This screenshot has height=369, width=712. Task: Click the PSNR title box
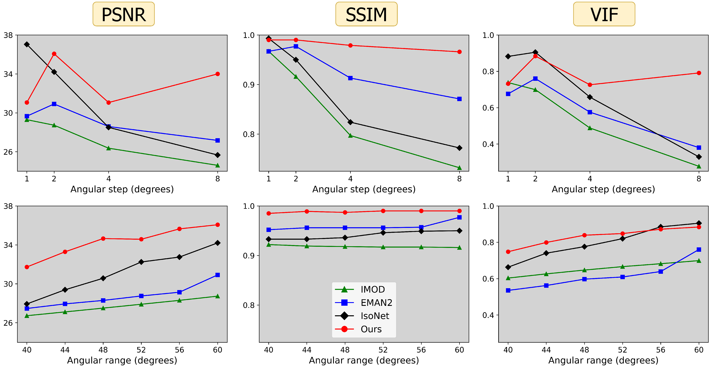(124, 14)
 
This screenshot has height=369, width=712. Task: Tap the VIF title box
(604, 14)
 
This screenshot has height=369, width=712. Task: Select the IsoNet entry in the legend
(362, 316)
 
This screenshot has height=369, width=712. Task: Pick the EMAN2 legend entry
(363, 303)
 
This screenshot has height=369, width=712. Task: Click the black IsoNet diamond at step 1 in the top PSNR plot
(27, 45)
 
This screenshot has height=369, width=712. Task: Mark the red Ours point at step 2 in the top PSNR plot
(54, 54)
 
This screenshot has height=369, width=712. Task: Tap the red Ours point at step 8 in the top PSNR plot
(217, 74)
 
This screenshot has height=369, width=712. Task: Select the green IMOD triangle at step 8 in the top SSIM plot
(459, 168)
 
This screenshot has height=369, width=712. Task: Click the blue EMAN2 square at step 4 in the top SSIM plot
(351, 78)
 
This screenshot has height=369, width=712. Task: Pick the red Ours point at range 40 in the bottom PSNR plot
(27, 267)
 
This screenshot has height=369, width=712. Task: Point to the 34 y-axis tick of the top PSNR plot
(8, 74)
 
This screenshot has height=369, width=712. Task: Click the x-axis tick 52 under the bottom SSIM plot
(383, 350)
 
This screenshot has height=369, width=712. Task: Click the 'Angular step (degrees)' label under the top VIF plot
(603, 189)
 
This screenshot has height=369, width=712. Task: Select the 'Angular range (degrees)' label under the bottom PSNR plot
(122, 360)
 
